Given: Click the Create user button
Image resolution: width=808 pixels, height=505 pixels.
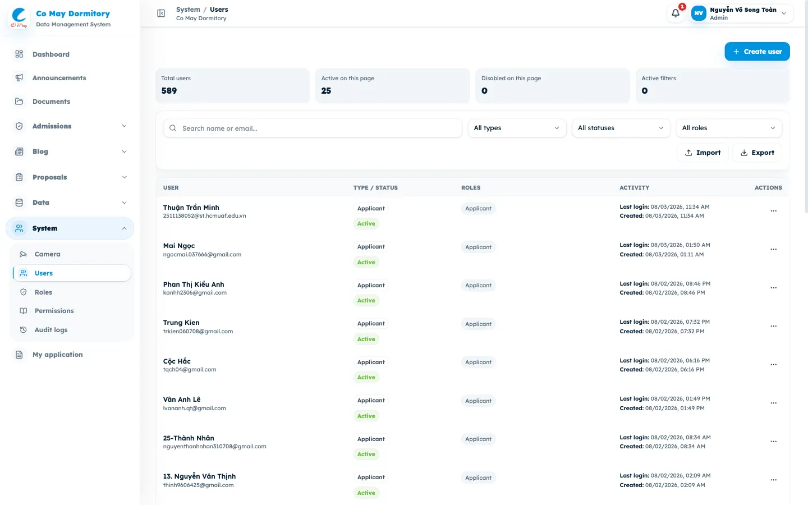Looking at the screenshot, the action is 757,52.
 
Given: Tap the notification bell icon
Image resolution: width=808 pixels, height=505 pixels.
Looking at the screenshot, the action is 675,13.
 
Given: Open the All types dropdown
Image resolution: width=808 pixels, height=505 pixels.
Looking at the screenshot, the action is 517,128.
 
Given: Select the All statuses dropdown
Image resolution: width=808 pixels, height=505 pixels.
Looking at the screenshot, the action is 621,128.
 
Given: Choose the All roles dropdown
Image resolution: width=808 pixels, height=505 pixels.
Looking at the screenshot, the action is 729,128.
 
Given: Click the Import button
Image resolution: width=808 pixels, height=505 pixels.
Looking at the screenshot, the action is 703,153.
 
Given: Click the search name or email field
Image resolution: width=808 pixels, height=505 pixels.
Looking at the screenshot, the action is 313,128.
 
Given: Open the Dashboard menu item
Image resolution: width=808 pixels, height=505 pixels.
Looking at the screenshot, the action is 51,54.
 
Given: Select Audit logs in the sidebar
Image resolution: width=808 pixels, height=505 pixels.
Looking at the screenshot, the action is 51,330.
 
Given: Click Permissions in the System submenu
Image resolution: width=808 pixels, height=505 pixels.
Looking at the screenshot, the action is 54,311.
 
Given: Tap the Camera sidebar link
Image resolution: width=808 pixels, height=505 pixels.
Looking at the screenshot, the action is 47,254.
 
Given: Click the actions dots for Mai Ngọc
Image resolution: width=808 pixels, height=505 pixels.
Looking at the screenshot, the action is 773,249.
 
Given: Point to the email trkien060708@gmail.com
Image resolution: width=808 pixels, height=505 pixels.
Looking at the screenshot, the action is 198,331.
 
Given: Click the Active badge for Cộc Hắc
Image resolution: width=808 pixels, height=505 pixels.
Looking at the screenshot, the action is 366,377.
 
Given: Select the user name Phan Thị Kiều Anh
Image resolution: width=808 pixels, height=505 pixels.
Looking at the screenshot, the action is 194,284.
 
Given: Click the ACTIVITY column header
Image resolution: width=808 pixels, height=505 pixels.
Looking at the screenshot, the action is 634,187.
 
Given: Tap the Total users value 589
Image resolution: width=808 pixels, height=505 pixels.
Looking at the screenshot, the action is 169,91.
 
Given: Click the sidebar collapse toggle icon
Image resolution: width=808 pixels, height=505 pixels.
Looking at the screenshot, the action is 161,13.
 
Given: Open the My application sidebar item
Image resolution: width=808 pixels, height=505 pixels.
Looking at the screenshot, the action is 58,355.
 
